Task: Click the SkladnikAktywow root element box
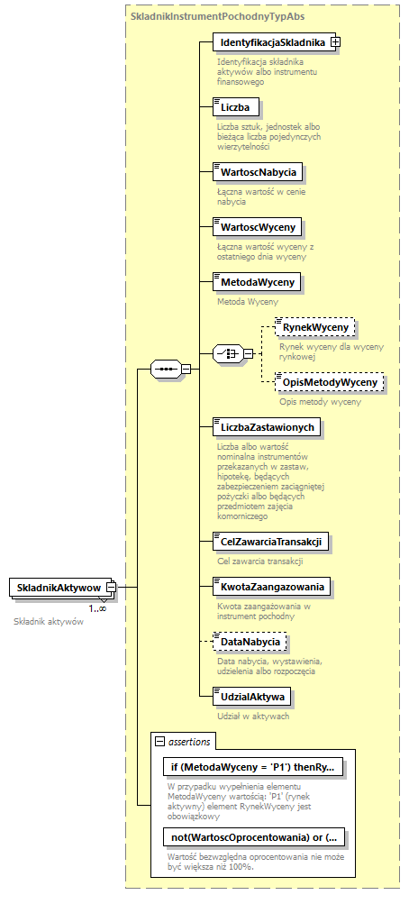[59, 588]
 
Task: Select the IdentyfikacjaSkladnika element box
[270, 42]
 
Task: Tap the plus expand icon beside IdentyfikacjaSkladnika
[335, 42]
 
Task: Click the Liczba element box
[235, 106]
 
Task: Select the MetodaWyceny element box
[257, 282]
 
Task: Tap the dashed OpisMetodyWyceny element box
[329, 382]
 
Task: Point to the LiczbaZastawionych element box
[266, 426]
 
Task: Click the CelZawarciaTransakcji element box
[270, 542]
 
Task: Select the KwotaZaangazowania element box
[270, 587]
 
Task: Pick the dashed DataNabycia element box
[250, 642]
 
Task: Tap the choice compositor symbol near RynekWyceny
[227, 354]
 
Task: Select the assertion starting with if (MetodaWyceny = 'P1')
[251, 767]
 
